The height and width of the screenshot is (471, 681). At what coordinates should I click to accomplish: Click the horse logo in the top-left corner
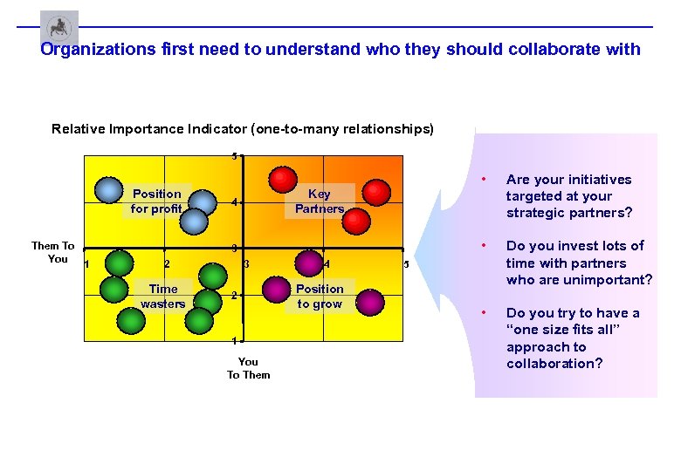[58, 27]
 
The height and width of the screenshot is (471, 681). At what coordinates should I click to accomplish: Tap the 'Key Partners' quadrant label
[320, 201]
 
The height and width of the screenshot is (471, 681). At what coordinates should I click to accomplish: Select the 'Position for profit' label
[157, 201]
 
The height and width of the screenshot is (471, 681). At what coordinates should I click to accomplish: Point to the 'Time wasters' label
[163, 297]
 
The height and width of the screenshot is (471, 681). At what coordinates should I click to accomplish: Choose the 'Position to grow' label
[320, 297]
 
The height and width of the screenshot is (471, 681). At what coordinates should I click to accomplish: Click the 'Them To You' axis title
[53, 252]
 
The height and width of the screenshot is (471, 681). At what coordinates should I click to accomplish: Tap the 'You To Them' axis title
[249, 368]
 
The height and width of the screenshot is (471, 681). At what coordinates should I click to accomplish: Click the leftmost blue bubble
[108, 189]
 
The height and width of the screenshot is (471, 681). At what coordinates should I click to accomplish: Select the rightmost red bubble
[376, 192]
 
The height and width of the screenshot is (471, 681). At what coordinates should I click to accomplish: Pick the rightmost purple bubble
[370, 301]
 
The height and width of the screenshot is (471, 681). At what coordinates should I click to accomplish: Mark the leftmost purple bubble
[309, 263]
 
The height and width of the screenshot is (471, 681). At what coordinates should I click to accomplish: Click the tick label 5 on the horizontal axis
[406, 264]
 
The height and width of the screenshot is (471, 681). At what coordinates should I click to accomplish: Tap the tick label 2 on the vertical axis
[235, 296]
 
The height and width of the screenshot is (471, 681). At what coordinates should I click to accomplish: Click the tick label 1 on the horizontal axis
[86, 265]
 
